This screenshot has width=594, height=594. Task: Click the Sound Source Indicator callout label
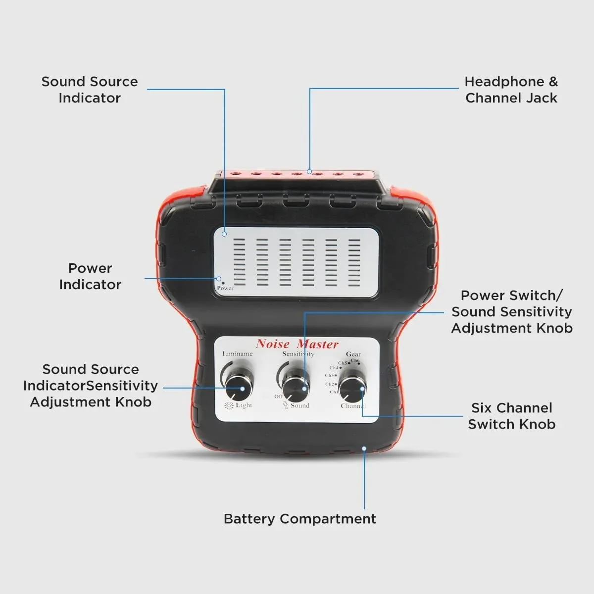[x=90, y=90]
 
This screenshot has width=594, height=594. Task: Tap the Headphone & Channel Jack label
[x=511, y=90]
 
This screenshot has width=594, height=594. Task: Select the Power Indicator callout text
[x=90, y=276]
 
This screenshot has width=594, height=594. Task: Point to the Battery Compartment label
[x=299, y=519]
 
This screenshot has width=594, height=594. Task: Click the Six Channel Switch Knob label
[x=511, y=416]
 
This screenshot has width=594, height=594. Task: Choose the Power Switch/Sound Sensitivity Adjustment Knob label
[x=511, y=311]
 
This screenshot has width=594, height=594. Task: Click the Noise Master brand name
[x=297, y=344]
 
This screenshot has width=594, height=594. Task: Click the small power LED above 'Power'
[x=223, y=283]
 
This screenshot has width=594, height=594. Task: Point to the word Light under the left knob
[x=244, y=405]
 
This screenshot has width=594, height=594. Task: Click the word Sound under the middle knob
[x=299, y=405]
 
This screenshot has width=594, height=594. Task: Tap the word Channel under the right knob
[x=353, y=406]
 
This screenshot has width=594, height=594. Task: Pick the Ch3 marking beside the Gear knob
[x=330, y=375]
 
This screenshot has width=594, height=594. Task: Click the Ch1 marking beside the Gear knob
[x=334, y=392]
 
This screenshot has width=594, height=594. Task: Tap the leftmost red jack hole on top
[x=235, y=174]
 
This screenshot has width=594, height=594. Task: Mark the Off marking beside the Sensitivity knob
[x=278, y=396]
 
